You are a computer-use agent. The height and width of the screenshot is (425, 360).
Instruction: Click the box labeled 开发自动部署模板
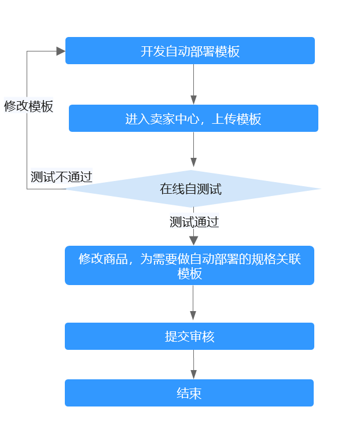[190, 51]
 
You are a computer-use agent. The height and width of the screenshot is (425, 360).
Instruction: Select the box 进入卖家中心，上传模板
[193, 119]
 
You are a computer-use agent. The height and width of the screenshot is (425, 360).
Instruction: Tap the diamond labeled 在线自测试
[191, 189]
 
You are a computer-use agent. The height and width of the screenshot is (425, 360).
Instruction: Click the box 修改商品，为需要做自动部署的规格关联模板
[189, 266]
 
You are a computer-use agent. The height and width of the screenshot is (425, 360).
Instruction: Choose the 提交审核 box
[189, 337]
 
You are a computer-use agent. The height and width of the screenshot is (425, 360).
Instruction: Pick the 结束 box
[189, 393]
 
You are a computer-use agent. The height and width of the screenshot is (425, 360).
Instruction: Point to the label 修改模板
[28, 106]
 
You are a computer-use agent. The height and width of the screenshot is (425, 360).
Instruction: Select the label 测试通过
[194, 222]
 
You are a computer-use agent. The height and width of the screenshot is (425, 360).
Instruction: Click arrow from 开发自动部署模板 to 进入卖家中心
[193, 84]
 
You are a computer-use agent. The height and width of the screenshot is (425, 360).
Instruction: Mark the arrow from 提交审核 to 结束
[193, 364]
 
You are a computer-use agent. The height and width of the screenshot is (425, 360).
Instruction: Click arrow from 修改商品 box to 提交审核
[193, 303]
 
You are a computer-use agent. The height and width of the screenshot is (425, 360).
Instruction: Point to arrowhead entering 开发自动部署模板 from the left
[61, 51]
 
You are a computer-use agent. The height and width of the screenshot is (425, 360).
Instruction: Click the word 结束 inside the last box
[189, 394]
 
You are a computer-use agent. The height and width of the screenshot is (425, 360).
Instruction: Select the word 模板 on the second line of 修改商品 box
[190, 274]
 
